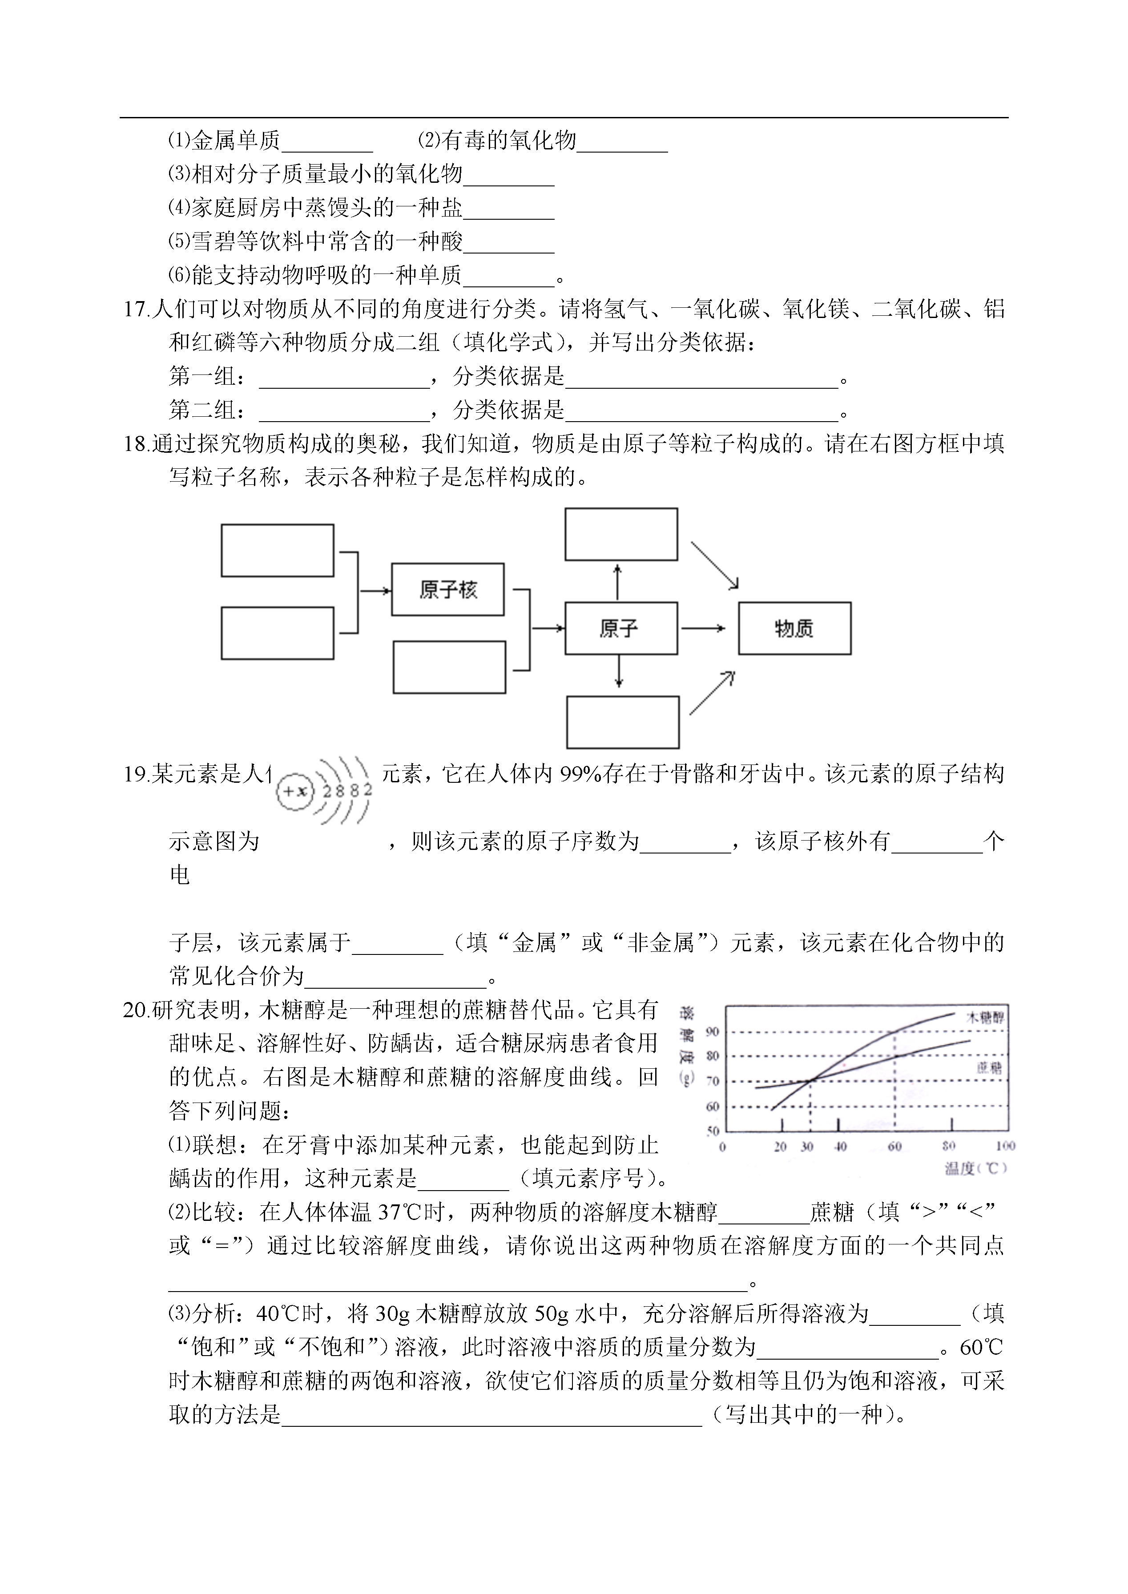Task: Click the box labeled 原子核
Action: click(x=447, y=590)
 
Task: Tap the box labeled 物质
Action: click(x=794, y=628)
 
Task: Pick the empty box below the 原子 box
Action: click(x=622, y=722)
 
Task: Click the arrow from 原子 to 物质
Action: click(x=703, y=628)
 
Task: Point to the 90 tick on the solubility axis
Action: click(x=713, y=1032)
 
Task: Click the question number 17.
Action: click(x=136, y=309)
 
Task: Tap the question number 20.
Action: click(x=136, y=1010)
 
